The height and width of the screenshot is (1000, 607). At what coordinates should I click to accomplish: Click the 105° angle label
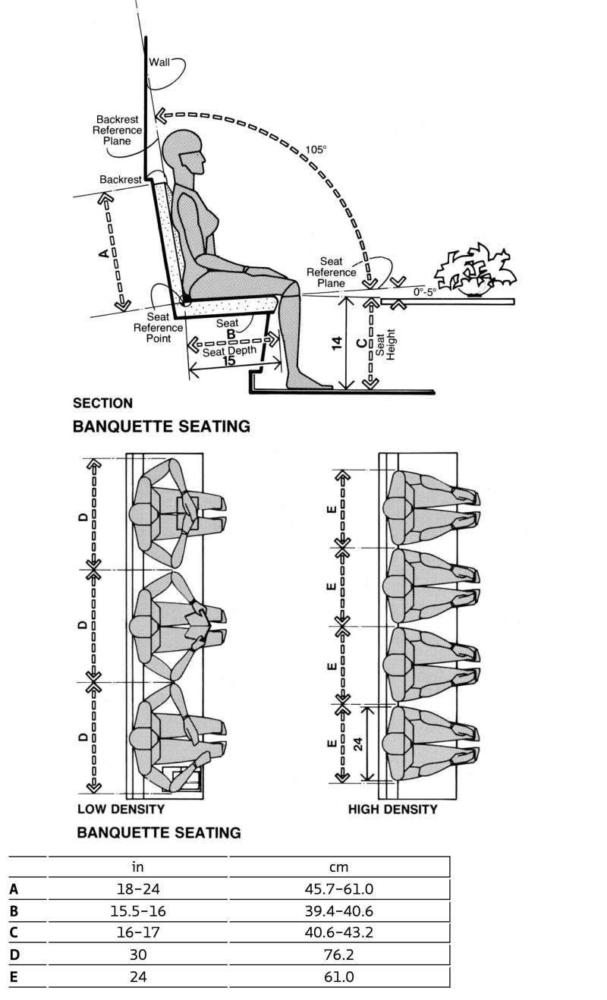coord(316,149)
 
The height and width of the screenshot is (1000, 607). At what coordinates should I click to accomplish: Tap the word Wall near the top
coord(159,62)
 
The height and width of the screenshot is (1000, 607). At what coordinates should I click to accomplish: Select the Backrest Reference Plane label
coord(118,131)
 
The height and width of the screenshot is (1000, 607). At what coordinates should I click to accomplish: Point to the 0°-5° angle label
coord(426,292)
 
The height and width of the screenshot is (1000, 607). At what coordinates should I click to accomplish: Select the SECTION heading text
coord(102,404)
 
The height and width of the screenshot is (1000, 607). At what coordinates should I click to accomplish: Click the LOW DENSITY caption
coord(121,809)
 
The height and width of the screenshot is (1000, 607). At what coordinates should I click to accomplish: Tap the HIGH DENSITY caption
coord(393,810)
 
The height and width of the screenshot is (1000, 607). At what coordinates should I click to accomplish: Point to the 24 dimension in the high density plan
coord(357,743)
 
